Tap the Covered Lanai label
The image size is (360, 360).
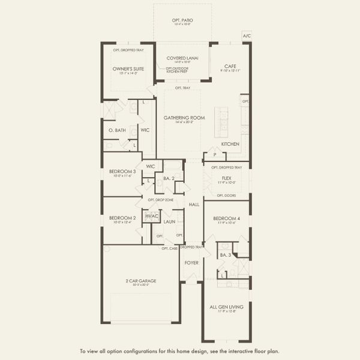coord(182,58)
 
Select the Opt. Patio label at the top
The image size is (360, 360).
coord(182,20)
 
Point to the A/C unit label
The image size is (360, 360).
coord(247,36)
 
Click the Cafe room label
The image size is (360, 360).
coord(230,66)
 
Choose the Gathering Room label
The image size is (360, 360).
coord(184,118)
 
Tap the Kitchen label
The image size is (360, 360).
coord(230,144)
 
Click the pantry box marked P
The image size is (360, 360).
coord(214,155)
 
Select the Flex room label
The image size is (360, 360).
coord(226,178)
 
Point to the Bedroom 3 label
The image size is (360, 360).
coord(122,172)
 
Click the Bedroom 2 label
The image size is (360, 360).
coord(122,218)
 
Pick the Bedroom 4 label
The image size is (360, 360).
coord(226,219)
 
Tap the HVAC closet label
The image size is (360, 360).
coord(151,216)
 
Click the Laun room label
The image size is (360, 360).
coord(170,221)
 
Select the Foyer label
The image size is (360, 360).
coord(191,263)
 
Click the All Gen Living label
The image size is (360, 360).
coord(226,307)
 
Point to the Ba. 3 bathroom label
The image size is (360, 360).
coord(225,256)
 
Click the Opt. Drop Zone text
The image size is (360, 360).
coord(160,199)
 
